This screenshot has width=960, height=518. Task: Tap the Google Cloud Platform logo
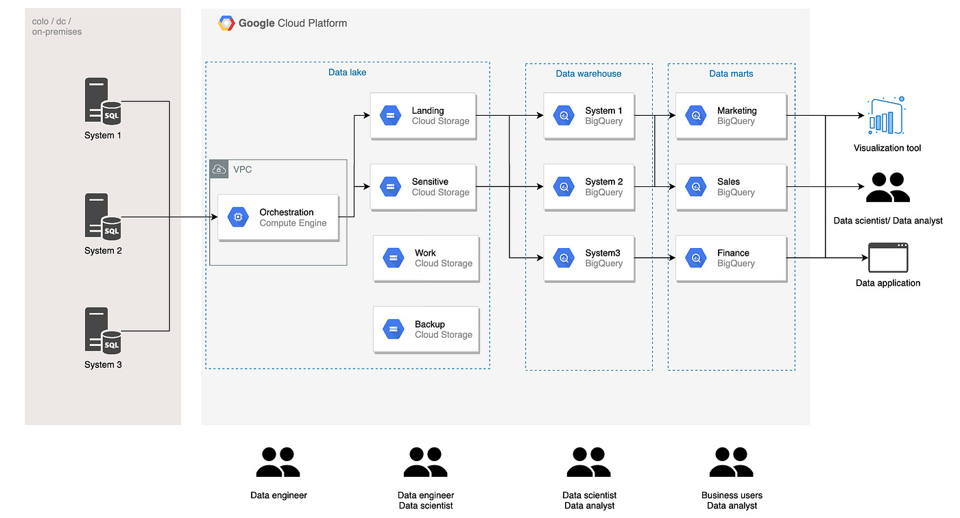[x=226, y=23]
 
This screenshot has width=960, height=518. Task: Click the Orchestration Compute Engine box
[x=278, y=218]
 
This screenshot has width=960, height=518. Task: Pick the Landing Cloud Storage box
[x=423, y=116]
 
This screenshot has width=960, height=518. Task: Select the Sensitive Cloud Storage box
[x=423, y=187]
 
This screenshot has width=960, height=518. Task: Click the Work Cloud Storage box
[x=426, y=258]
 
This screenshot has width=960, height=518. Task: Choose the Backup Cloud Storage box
[x=426, y=330]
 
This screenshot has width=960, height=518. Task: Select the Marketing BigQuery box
[x=730, y=116]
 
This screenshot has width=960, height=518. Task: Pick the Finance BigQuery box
[x=730, y=258]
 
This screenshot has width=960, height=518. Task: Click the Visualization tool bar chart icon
[x=887, y=116]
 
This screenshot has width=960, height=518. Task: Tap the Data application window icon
[x=888, y=258]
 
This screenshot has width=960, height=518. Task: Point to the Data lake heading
[x=348, y=73]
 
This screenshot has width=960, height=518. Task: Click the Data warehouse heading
[x=588, y=73]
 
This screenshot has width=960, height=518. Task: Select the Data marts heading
[x=731, y=73]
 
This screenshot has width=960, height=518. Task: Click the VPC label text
[x=243, y=169]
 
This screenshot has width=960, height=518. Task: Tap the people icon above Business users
[x=732, y=463]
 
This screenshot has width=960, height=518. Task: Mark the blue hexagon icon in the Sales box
[x=696, y=187]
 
